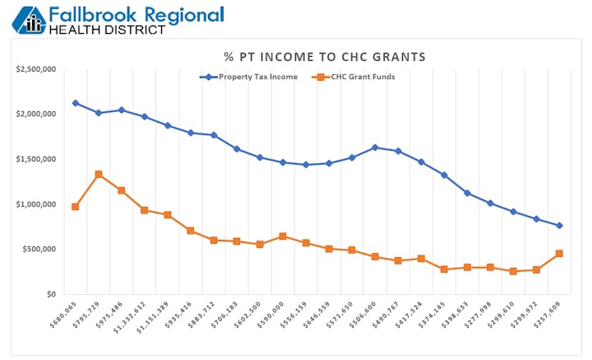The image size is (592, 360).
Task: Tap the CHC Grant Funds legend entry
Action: coord(354,77)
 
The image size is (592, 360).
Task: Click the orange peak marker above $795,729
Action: coord(98,174)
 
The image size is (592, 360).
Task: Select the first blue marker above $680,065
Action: coord(75,103)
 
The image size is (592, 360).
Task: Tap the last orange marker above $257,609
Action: coord(559,254)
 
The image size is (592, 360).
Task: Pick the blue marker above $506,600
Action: coord(375,147)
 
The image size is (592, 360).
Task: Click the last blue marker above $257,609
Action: coord(559,226)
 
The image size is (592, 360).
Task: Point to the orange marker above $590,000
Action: coord(283,236)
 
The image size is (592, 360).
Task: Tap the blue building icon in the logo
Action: coord(31,20)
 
